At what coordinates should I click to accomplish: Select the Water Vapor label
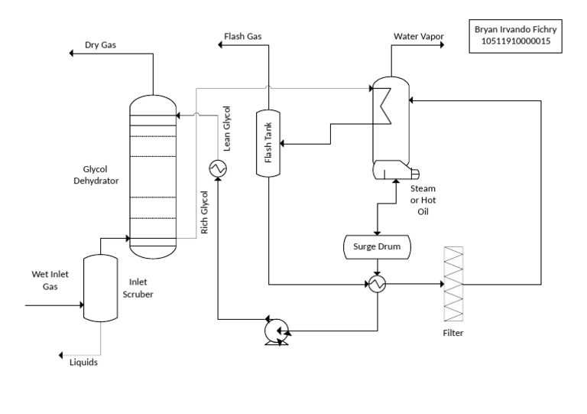click(420, 36)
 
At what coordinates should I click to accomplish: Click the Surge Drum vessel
click(376, 246)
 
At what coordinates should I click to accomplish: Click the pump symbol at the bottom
click(273, 331)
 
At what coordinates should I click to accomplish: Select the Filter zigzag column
click(453, 284)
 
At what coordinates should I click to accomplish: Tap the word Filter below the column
click(453, 333)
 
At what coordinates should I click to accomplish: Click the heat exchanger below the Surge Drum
click(377, 284)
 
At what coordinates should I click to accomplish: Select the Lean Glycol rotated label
click(225, 130)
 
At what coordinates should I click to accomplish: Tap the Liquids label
click(84, 363)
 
